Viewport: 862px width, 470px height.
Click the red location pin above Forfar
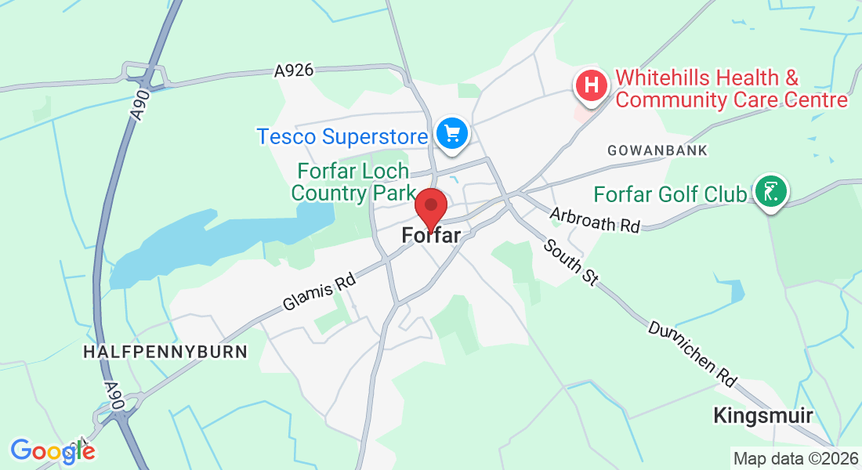pos(430,208)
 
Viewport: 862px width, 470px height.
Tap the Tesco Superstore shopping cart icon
pos(451,133)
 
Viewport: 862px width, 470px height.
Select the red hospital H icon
pos(592,85)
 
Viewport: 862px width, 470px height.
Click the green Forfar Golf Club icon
pos(771,190)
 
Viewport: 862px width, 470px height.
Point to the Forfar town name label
pos(430,235)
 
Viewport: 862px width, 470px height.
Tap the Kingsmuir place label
pos(762,415)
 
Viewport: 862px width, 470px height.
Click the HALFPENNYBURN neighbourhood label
pos(165,352)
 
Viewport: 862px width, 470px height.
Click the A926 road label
pos(294,70)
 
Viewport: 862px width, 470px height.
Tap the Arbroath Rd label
pos(595,219)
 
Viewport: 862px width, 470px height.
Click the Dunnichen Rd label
pos(693,352)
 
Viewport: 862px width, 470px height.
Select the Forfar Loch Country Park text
pos(353,182)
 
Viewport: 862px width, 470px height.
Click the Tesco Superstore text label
pos(342,137)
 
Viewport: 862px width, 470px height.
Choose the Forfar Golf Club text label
pos(670,193)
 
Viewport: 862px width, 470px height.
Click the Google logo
pos(53,450)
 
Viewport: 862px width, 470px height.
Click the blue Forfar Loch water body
pos(204,243)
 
